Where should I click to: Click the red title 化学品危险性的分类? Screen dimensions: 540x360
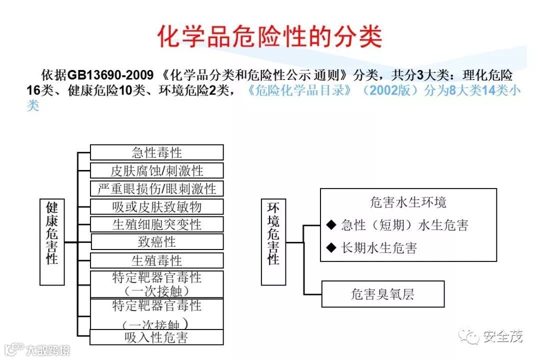point(270,36)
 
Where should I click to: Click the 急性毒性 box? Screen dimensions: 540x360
point(156,152)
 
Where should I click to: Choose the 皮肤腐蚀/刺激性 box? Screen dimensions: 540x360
point(156,170)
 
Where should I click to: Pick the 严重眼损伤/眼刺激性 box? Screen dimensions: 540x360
point(156,188)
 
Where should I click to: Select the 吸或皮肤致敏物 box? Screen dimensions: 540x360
point(156,206)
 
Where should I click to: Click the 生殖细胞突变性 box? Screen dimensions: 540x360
point(156,224)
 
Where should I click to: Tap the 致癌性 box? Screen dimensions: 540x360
point(156,242)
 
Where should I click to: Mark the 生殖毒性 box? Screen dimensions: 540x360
point(156,260)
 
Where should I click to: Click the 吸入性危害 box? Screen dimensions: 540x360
point(156,337)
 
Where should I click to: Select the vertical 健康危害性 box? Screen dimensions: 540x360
point(52,242)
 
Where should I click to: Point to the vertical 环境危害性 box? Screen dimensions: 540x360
point(273,242)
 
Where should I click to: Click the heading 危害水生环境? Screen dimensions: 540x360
point(408,202)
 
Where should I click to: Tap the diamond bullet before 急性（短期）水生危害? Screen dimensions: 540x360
point(331,225)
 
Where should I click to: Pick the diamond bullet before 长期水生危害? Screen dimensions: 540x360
point(331,247)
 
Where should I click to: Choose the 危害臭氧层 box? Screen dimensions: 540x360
point(382,294)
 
